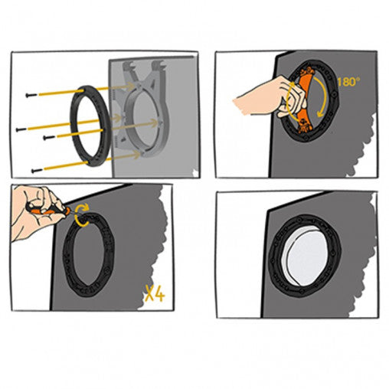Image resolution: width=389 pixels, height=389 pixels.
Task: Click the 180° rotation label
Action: tap(348, 82)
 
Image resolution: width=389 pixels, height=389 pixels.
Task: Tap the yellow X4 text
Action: tap(155, 293)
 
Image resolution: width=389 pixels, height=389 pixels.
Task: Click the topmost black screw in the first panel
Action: tap(31, 95)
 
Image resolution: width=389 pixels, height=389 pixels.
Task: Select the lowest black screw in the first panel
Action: tap(37, 170)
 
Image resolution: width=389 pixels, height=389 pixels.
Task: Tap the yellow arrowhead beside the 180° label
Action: tap(320, 113)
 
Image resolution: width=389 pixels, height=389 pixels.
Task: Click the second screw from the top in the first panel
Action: tap(21, 129)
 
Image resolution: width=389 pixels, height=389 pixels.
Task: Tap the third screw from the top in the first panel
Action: tap(48, 138)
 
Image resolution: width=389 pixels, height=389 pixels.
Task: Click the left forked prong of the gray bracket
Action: tap(128, 67)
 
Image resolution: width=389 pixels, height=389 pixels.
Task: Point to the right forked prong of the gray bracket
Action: tap(159, 67)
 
